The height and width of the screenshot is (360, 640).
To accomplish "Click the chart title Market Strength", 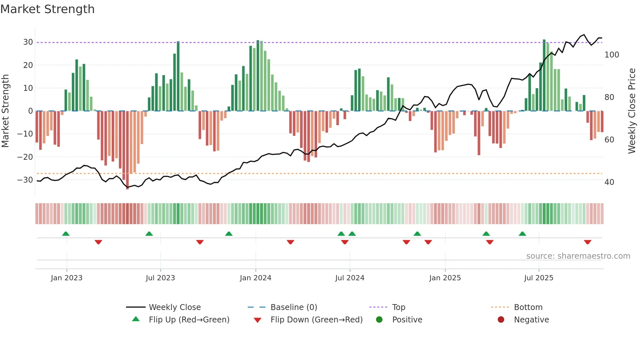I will pyautogui.click(x=48, y=9).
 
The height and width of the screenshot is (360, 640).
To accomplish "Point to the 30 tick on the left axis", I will pyautogui.click(x=28, y=42).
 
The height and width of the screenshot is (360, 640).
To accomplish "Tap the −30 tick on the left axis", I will pyautogui.click(x=25, y=180).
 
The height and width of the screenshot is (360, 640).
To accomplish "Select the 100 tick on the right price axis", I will pyautogui.click(x=612, y=55).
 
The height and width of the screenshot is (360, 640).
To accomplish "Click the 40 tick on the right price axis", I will pyautogui.click(x=609, y=182).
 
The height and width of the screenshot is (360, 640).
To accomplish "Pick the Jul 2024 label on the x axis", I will pyautogui.click(x=349, y=278).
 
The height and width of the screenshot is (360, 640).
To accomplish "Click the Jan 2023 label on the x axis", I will pyautogui.click(x=67, y=278).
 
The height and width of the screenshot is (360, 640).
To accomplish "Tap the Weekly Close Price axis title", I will pyautogui.click(x=632, y=111).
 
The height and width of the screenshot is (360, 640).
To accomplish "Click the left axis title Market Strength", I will pyautogui.click(x=5, y=111).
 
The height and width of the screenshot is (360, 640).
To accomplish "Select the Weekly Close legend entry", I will pyautogui.click(x=174, y=307).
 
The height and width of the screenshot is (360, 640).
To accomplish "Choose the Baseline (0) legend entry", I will pyautogui.click(x=294, y=307).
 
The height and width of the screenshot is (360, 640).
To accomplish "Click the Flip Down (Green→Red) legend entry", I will pyautogui.click(x=316, y=320).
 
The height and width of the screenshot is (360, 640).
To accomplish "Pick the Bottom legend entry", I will pyautogui.click(x=528, y=307).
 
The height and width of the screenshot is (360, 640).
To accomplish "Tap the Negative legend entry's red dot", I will pyautogui.click(x=501, y=320).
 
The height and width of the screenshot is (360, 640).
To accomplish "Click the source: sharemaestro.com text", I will pyautogui.click(x=578, y=256).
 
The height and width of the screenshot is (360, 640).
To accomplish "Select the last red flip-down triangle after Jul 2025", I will pyautogui.click(x=587, y=242).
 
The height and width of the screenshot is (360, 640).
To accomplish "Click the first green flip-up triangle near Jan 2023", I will pyautogui.click(x=66, y=234).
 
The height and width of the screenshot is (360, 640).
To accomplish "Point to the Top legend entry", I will pyautogui.click(x=398, y=307).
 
